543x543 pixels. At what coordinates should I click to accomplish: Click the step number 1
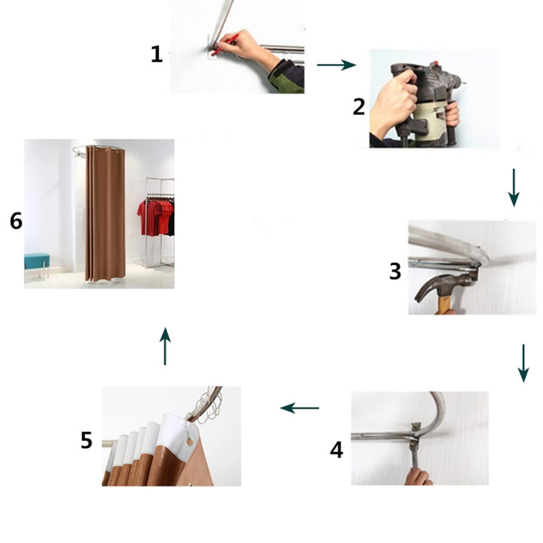tap(156, 54)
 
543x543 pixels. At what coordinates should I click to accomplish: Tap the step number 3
tap(395, 271)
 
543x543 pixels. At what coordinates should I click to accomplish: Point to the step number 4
tap(336, 450)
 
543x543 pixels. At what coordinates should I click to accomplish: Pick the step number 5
tap(87, 440)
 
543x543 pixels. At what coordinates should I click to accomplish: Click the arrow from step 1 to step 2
tap(336, 64)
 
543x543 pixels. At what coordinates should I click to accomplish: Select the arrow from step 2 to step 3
tap(514, 188)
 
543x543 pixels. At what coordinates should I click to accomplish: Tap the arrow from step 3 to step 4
tap(523, 363)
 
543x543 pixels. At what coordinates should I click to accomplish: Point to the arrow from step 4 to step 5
tap(299, 408)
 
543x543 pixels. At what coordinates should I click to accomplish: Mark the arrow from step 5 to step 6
tap(165, 346)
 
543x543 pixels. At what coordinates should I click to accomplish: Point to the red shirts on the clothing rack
tap(156, 218)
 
